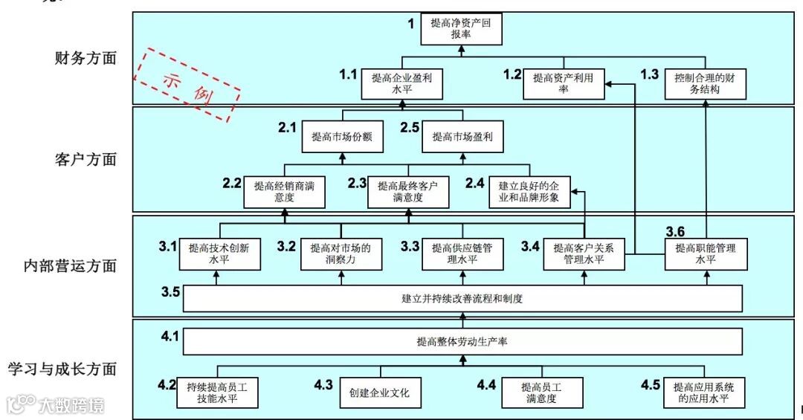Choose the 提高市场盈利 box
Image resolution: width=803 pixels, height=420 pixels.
(462, 137)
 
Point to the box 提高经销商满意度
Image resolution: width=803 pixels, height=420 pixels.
(284, 192)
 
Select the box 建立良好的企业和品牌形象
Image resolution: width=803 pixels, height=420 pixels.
(530, 192)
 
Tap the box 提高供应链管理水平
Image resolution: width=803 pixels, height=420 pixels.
(462, 254)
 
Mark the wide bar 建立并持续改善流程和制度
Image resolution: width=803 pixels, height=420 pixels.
(462, 299)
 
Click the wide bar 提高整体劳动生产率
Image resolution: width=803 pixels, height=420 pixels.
(462, 342)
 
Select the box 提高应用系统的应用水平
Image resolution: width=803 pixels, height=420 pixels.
(703, 392)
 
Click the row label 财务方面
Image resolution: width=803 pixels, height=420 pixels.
(86, 59)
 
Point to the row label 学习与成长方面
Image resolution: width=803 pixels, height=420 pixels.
(62, 369)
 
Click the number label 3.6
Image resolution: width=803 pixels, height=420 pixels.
(680, 231)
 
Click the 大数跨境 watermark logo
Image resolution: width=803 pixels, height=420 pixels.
(56, 405)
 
